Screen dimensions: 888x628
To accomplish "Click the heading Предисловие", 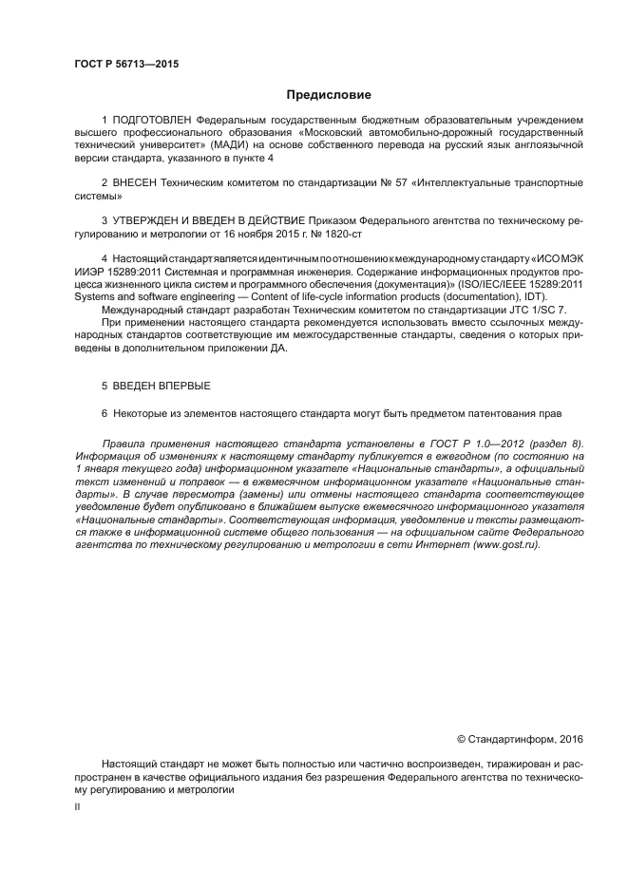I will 328,95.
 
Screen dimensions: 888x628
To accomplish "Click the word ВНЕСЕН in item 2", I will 140,180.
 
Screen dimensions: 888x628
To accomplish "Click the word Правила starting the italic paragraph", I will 124,444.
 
